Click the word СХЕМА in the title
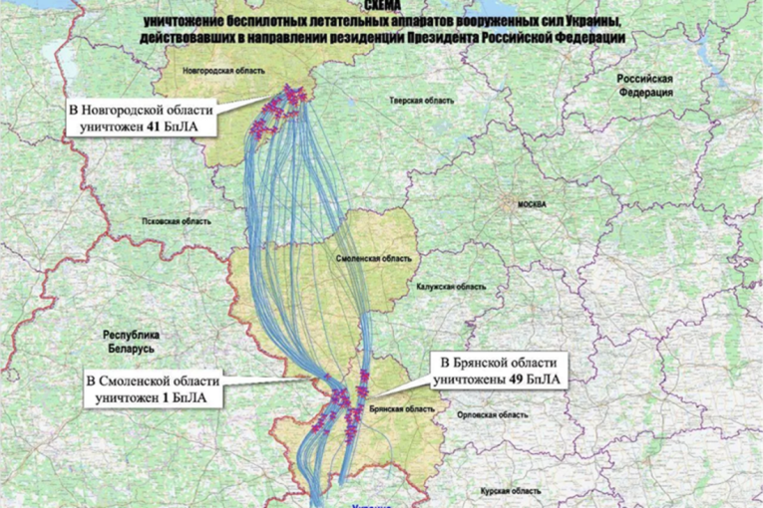[x=384, y=6]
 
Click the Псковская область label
[x=177, y=220]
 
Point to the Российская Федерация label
[x=645, y=84]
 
